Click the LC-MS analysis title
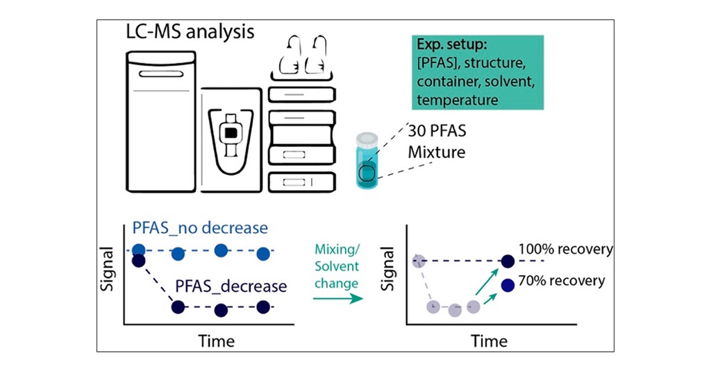click(x=189, y=33)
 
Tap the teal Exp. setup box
click(x=476, y=72)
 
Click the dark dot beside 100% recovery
click(x=508, y=261)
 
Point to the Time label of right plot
click(x=490, y=340)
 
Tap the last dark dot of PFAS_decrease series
click(x=262, y=307)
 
